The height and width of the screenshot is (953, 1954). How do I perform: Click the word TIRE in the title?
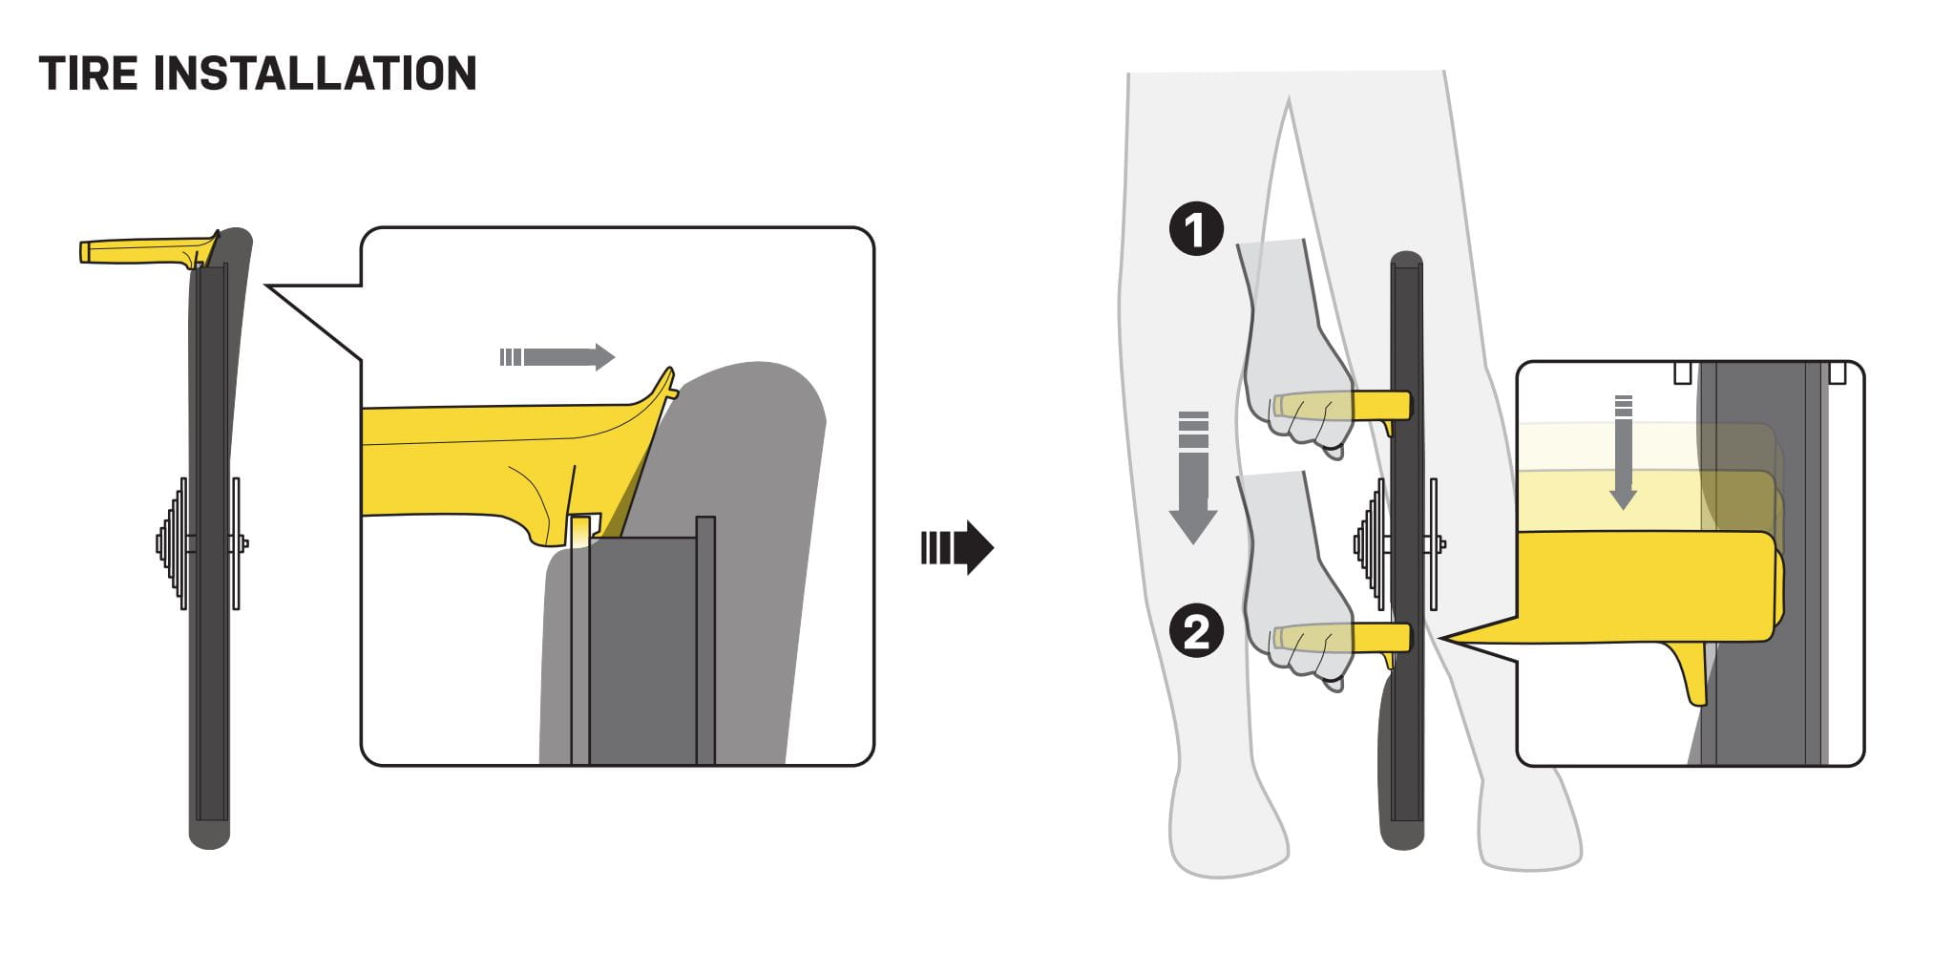[x=88, y=74]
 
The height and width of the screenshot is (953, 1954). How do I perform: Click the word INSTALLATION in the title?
[x=315, y=74]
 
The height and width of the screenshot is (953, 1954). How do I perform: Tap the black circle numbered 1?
[x=1196, y=229]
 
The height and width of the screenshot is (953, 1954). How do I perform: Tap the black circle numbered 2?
[x=1196, y=631]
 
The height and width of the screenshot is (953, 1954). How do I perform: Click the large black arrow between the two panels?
[x=957, y=547]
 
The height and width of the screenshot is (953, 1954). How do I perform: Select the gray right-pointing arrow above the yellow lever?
[x=557, y=357]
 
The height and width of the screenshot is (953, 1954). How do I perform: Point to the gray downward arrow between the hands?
[x=1193, y=477]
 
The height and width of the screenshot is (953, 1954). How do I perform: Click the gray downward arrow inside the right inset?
[x=1623, y=452]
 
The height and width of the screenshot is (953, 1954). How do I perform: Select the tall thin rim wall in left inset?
[x=705, y=640]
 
